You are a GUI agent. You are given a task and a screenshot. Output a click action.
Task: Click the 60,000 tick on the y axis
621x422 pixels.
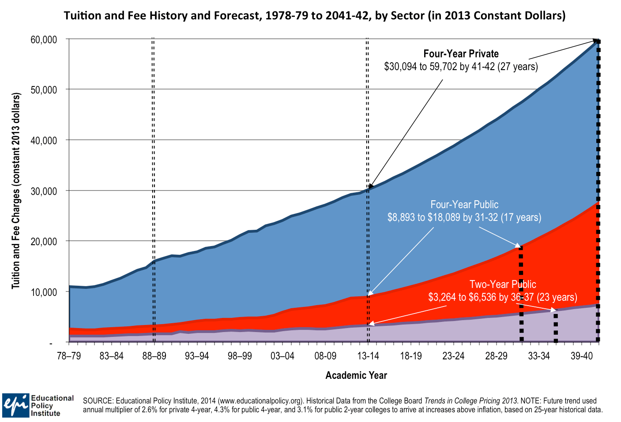[x=44, y=40]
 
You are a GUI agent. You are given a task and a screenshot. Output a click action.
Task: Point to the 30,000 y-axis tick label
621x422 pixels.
[x=44, y=191]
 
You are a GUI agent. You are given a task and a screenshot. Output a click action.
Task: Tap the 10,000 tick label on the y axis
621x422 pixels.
[x=44, y=292]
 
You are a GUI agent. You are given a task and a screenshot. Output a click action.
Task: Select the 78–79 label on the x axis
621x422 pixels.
[x=69, y=356]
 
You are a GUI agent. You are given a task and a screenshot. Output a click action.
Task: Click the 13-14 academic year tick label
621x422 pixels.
[x=368, y=356]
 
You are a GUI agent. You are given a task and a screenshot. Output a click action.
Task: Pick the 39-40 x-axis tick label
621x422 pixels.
[x=581, y=356]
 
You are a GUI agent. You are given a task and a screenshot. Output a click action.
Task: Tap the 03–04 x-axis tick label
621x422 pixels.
[x=282, y=356]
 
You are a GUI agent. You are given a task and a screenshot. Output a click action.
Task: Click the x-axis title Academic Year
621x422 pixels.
[x=356, y=375]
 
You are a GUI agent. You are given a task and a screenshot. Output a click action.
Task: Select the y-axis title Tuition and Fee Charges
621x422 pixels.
[x=16, y=190]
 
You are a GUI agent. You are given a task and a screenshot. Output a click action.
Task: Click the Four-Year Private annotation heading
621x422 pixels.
[x=461, y=54]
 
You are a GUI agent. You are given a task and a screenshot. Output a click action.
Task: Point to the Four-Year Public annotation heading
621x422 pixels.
[x=464, y=205]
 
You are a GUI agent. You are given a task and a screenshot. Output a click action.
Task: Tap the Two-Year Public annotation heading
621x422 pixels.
[x=503, y=284]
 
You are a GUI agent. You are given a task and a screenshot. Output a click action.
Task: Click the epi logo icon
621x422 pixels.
[x=16, y=405]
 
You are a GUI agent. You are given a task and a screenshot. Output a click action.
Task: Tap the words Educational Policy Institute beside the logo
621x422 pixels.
[x=52, y=405]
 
